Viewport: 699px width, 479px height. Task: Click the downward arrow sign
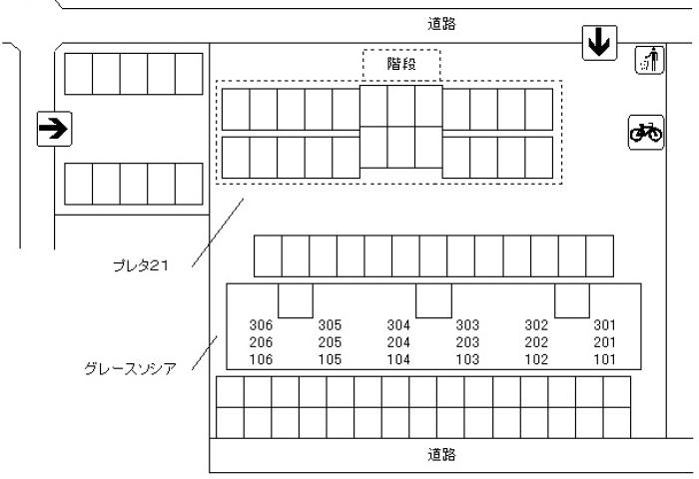598,43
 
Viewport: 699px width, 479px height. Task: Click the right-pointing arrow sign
54,128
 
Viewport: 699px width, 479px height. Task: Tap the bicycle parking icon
646,131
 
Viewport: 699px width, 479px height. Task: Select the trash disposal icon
649,60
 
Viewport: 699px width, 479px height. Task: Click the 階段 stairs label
400,64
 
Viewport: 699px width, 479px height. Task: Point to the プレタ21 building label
143,265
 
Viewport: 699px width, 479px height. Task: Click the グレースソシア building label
130,368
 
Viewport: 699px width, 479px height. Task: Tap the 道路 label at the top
441,24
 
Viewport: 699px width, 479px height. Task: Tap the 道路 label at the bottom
441,454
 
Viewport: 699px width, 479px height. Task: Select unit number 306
261,324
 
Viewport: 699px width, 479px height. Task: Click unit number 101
604,359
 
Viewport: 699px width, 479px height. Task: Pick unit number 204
398,342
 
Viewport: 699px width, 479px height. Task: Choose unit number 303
467,324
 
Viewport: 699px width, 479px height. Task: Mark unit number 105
330,359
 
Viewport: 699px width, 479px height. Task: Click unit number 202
536,342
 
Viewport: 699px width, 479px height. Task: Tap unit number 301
604,324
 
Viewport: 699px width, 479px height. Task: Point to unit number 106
261,359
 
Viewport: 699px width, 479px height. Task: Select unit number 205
330,342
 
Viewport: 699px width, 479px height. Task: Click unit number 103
467,359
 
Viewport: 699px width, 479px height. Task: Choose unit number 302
536,324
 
